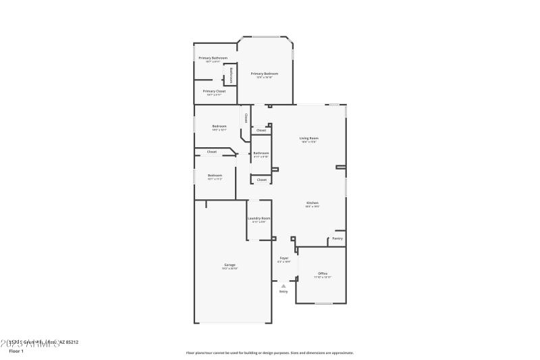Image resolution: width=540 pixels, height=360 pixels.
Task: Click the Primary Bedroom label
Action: (x=264, y=74)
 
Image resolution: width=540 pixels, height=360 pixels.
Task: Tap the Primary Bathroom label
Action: (x=213, y=58)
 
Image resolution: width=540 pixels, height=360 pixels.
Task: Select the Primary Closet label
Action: (x=214, y=91)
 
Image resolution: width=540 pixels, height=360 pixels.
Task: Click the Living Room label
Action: (x=308, y=138)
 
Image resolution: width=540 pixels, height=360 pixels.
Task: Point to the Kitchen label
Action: (x=312, y=203)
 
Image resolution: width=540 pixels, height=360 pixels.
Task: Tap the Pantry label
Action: (x=337, y=238)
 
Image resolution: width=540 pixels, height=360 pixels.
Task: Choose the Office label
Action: (x=322, y=274)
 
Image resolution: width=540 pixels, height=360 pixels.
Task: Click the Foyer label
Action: (x=284, y=258)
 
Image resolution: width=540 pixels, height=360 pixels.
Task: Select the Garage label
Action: (x=230, y=265)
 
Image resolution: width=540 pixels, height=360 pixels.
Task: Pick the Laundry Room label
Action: (x=259, y=218)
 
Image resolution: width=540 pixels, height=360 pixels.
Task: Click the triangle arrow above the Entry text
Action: (x=283, y=286)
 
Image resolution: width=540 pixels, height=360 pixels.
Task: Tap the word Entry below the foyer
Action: (x=283, y=292)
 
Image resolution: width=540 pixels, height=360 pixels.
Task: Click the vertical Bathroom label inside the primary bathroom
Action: (x=231, y=74)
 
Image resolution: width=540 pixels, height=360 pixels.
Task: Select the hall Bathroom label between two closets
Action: (x=261, y=153)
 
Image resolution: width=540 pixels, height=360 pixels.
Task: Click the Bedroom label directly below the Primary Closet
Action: (x=219, y=126)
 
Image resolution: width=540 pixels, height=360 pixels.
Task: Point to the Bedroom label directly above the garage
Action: (x=215, y=176)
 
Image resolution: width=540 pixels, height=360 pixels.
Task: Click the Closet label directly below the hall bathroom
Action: (x=261, y=180)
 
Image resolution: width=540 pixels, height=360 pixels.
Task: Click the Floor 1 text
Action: (x=16, y=351)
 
